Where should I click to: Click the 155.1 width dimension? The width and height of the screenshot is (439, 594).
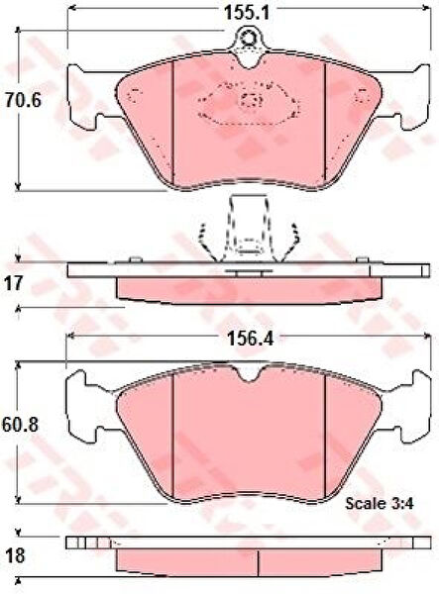click(x=247, y=13)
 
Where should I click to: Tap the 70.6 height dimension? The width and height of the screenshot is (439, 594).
click(x=23, y=101)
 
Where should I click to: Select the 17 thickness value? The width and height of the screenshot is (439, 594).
click(x=14, y=283)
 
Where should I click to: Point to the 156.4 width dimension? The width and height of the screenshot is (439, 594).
click(x=250, y=339)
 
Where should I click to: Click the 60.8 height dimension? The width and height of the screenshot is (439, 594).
click(x=20, y=426)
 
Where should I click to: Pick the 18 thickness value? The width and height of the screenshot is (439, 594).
click(x=15, y=556)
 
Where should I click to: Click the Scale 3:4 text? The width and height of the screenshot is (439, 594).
click(x=379, y=503)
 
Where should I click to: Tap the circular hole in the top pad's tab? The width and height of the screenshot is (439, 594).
click(x=249, y=38)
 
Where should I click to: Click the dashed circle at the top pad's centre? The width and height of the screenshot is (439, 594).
click(x=250, y=100)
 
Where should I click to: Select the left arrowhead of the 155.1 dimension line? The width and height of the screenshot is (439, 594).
click(x=70, y=8)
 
